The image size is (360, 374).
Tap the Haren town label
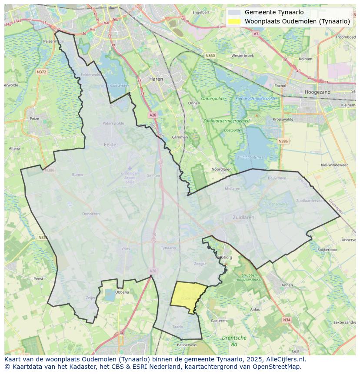click(156, 79)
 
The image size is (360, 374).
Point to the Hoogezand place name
click(317, 92)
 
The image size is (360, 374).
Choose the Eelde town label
click(110, 145)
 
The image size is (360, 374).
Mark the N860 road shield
click(210, 56)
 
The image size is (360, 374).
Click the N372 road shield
click(42, 72)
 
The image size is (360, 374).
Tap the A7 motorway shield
click(256, 33)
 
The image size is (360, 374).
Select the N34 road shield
click(286, 320)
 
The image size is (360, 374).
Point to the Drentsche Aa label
click(234, 341)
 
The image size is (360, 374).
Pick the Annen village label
click(287, 285)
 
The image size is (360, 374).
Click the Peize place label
click(34, 118)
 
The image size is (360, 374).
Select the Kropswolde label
click(283, 119)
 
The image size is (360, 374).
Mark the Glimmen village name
click(180, 137)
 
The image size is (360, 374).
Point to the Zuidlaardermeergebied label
click(226, 120)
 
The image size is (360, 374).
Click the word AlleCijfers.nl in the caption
click(285, 359)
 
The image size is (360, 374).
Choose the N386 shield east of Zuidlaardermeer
click(283, 141)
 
